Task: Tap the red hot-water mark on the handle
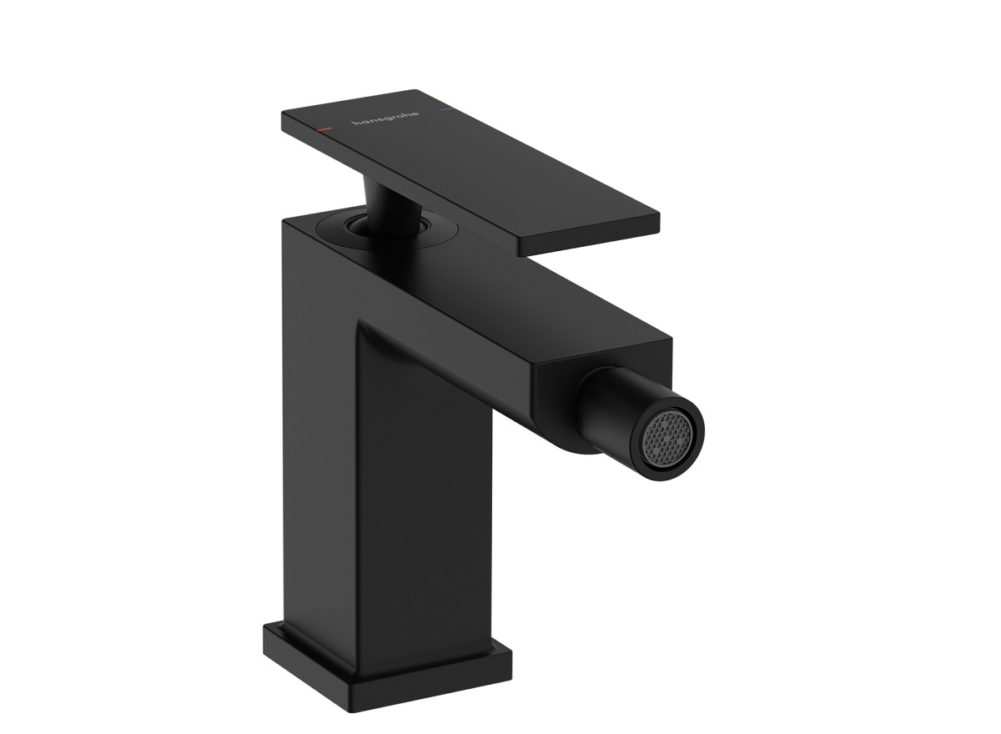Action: point(324,130)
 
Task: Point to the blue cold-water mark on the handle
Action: point(443,108)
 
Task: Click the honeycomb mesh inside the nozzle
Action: point(672,435)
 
